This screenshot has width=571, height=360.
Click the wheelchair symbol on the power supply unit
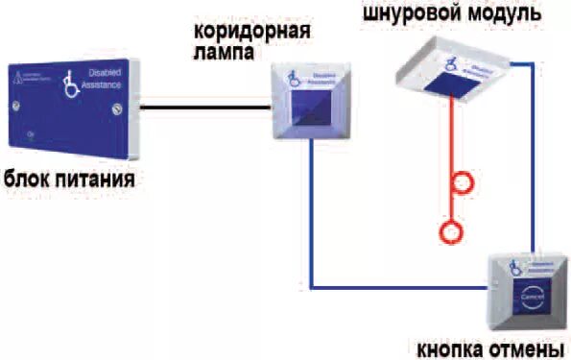(70, 84)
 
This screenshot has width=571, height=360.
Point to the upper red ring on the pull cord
(464, 180)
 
